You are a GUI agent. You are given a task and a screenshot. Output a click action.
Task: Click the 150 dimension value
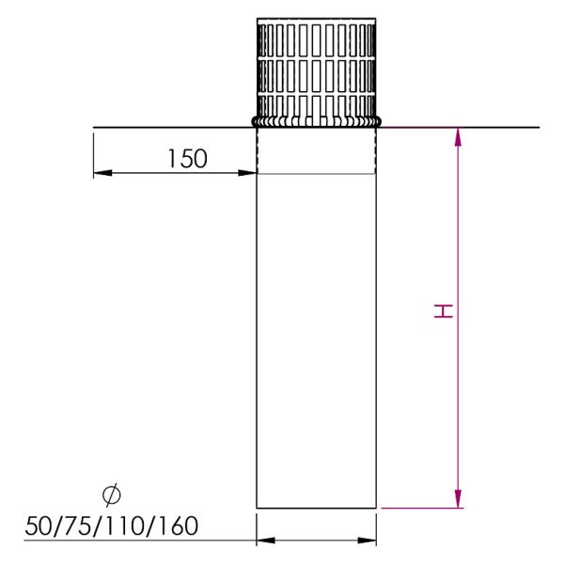click(187, 159)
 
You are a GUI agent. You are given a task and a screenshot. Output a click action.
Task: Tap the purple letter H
click(443, 311)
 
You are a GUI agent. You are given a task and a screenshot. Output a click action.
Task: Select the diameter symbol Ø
click(112, 495)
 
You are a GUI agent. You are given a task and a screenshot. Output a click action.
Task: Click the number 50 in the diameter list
click(39, 525)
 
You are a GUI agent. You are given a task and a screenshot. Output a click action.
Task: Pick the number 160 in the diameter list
click(178, 525)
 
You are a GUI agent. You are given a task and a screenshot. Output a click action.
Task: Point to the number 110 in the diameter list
click(126, 525)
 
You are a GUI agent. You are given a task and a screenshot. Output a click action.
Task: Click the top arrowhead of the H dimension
click(458, 137)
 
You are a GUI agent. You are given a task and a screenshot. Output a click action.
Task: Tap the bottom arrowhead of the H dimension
click(458, 498)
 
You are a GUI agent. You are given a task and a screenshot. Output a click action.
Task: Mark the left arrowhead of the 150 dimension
click(102, 173)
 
